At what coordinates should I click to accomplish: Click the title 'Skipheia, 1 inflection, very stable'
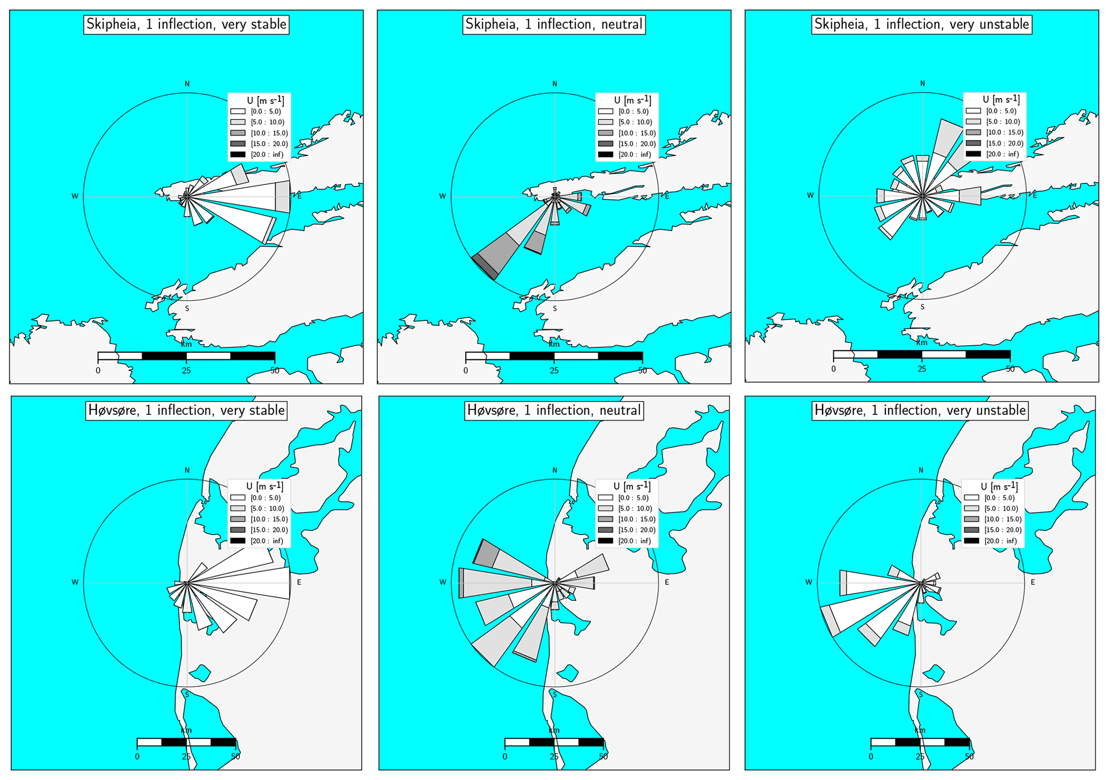(186, 25)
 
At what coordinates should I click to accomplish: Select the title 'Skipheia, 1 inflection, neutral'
(554, 25)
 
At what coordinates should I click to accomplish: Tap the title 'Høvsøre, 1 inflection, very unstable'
(920, 411)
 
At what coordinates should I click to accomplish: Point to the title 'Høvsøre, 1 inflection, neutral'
(554, 411)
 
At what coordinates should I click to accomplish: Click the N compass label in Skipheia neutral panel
(555, 84)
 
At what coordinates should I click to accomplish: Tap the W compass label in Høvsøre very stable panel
(75, 582)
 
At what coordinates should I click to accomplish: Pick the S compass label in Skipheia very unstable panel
(922, 307)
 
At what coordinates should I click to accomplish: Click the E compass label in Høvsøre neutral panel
(667, 582)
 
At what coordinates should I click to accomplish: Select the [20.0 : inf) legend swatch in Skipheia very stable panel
(238, 155)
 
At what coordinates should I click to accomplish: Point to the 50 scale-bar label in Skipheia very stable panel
(275, 370)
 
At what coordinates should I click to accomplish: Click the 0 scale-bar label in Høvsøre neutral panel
(505, 756)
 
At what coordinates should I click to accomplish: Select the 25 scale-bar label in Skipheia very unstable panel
(922, 369)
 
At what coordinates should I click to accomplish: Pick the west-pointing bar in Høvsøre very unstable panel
(880, 583)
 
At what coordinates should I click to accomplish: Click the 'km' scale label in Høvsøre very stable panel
(186, 730)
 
